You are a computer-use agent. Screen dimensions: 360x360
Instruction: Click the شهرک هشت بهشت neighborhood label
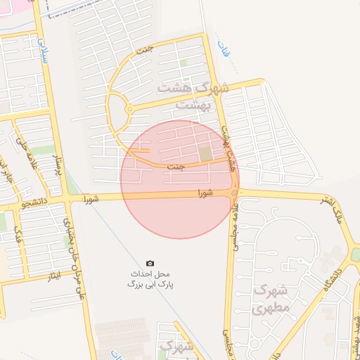(193, 96)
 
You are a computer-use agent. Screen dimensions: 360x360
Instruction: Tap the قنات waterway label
(224, 52)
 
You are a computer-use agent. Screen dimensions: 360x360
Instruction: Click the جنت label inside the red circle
(176, 166)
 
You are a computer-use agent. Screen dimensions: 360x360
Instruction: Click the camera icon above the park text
(149, 262)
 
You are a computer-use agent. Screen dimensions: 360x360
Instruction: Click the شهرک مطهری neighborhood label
(269, 299)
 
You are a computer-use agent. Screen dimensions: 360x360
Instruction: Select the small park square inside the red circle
(205, 153)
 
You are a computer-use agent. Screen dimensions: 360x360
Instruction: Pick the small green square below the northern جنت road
(184, 63)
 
